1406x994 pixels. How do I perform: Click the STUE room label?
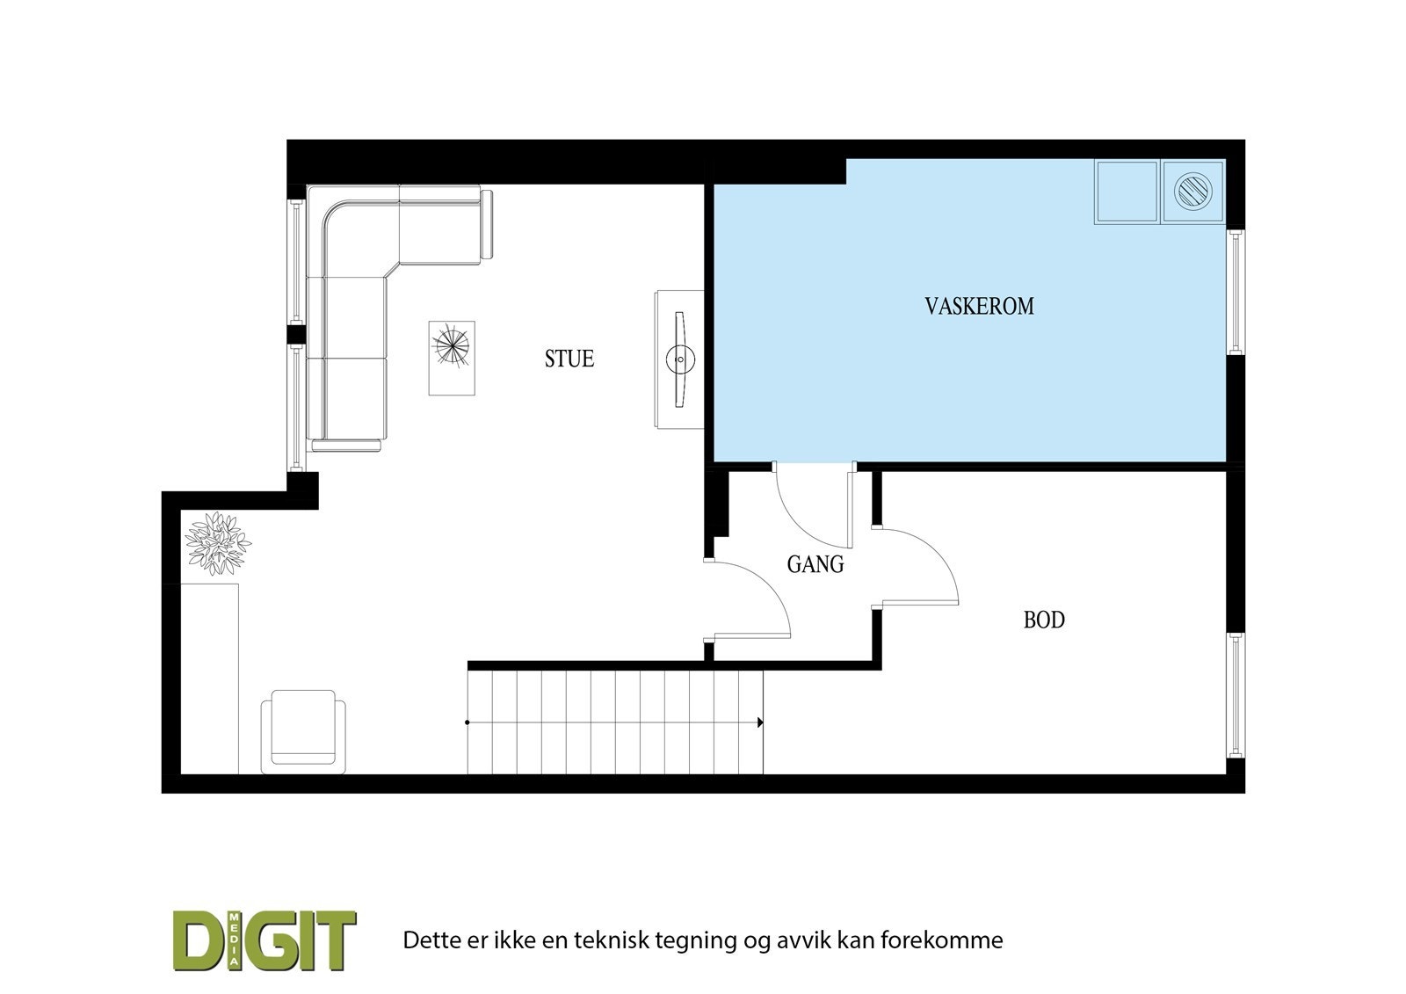(569, 359)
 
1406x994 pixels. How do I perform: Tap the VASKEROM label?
(979, 306)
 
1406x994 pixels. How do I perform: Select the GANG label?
(815, 564)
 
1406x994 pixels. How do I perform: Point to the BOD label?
(1044, 620)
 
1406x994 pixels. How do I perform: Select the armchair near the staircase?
(303, 730)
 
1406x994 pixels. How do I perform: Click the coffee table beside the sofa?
(452, 358)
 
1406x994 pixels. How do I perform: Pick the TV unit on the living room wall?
(679, 359)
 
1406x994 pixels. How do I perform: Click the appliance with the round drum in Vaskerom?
(1193, 191)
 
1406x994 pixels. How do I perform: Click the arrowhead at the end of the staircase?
(759, 722)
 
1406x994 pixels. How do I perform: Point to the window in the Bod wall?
(1236, 694)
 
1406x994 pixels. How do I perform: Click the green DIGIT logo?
(265, 940)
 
